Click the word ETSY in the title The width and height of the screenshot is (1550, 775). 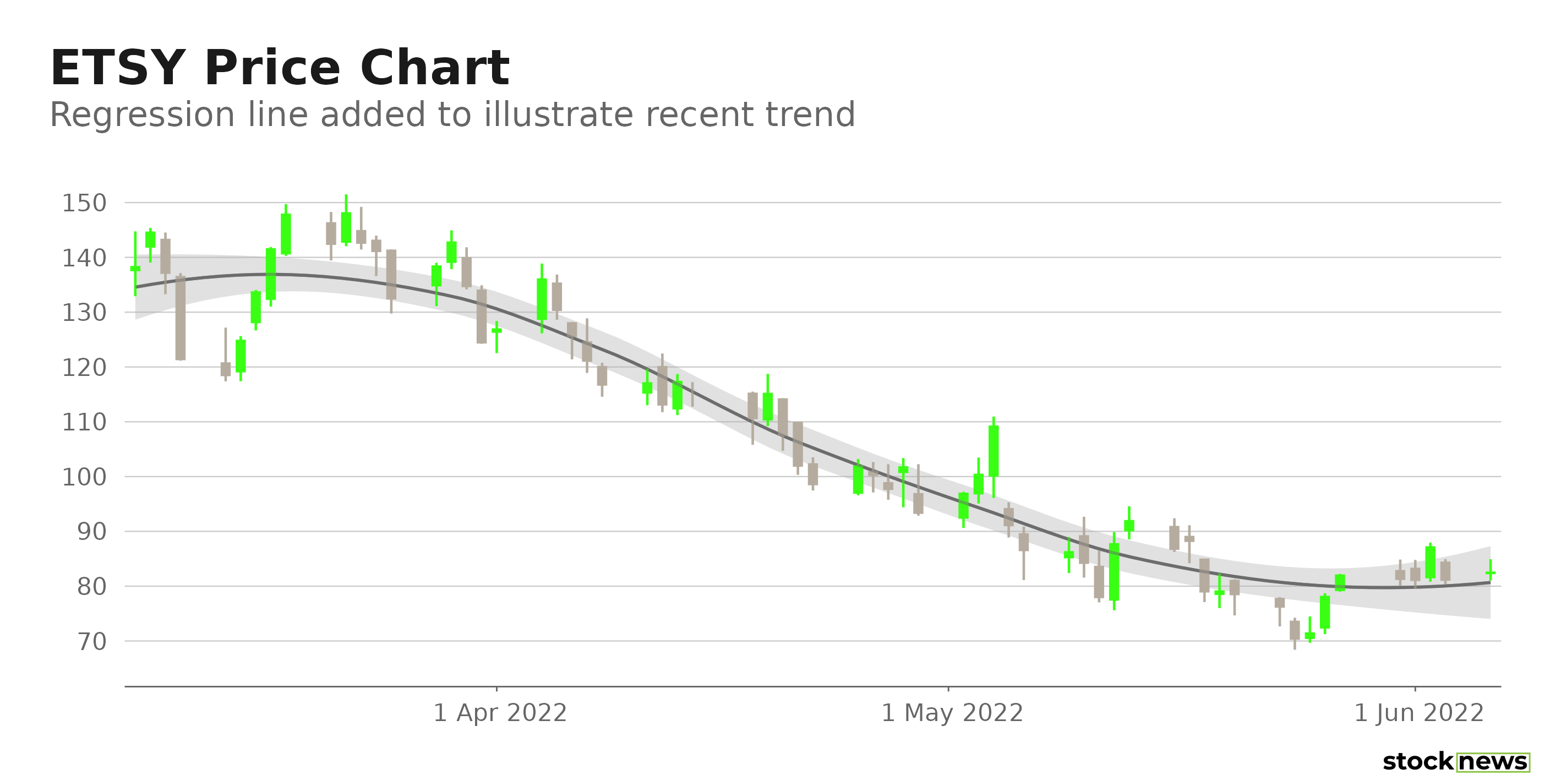pos(117,68)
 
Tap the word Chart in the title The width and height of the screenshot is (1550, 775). pos(434,68)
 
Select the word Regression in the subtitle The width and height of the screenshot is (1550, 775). pos(142,114)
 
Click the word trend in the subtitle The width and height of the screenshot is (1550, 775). pos(810,114)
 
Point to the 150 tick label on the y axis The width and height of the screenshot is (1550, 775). pos(84,203)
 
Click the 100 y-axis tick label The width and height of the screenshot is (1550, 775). pos(84,477)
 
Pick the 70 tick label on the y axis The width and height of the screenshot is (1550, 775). pos(91,642)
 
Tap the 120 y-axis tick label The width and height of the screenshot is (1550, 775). pos(84,368)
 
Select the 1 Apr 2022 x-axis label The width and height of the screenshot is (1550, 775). pos(500,713)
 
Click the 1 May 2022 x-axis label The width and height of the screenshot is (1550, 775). pos(952,713)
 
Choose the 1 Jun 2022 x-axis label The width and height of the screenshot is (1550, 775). pos(1419,713)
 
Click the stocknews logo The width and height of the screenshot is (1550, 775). pos(1455,761)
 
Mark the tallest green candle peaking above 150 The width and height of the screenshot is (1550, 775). pos(346,227)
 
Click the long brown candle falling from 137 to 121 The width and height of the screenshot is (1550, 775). pos(181,318)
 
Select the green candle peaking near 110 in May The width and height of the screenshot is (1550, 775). pos(994,451)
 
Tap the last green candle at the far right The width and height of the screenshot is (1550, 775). pos(1491,572)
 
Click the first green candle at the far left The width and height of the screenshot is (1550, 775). pos(135,269)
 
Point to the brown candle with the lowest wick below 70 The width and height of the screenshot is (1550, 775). pos(1295,631)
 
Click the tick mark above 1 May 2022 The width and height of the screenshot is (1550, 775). pos(948,689)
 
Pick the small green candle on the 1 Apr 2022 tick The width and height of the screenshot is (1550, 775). pos(496,331)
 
